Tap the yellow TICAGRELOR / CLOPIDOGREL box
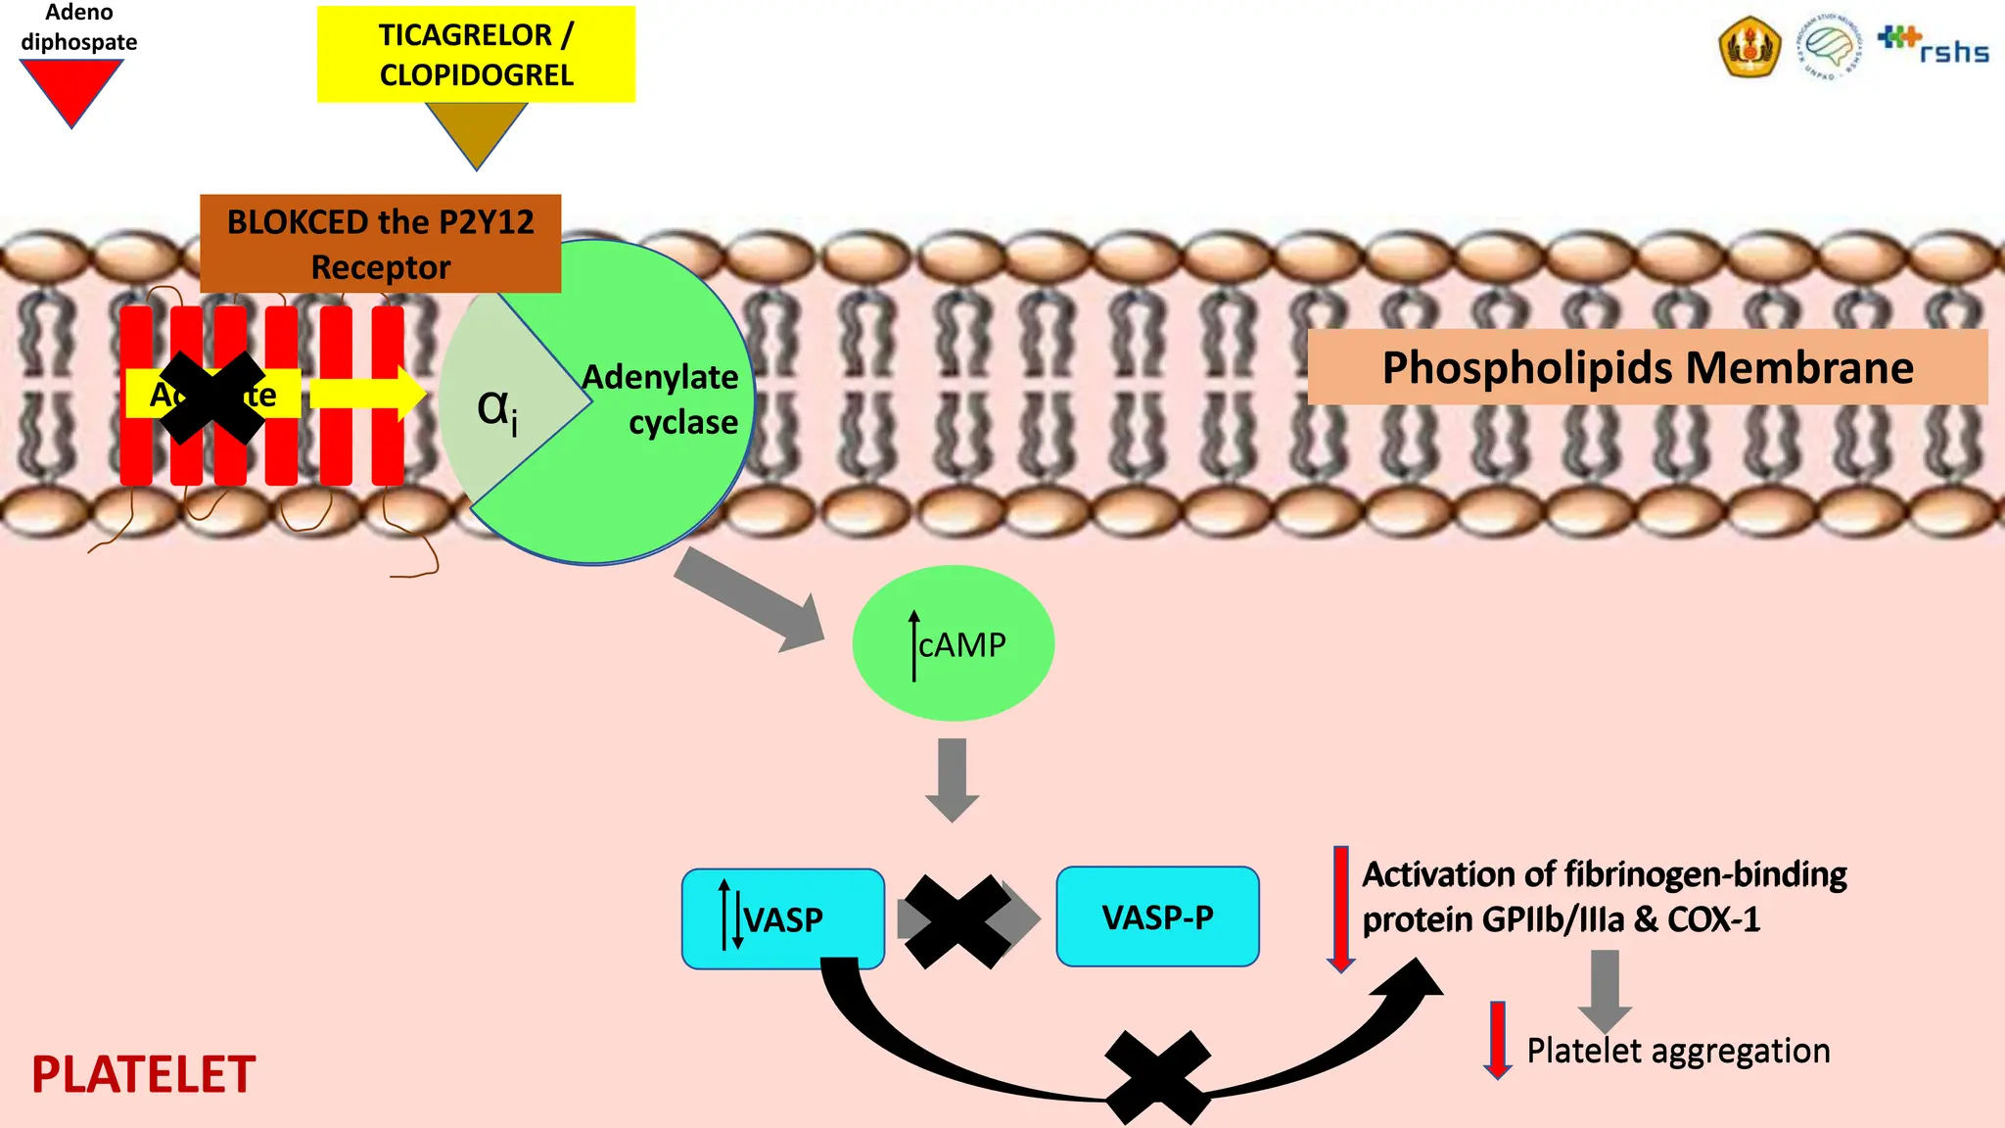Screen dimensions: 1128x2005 click(476, 54)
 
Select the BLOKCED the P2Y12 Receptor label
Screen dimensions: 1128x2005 click(380, 244)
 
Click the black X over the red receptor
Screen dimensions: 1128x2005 click(212, 397)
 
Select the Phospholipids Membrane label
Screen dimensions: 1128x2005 click(1647, 367)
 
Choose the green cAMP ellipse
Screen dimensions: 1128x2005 click(953, 643)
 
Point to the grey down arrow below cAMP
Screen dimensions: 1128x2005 click(952, 779)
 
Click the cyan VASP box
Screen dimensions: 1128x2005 click(782, 917)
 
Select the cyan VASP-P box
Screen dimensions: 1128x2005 click(1157, 916)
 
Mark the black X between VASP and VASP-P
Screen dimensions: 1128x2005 click(957, 920)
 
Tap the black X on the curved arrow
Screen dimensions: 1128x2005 click(1157, 1077)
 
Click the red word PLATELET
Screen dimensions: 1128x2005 click(143, 1074)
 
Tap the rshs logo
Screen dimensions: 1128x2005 click(1934, 46)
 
